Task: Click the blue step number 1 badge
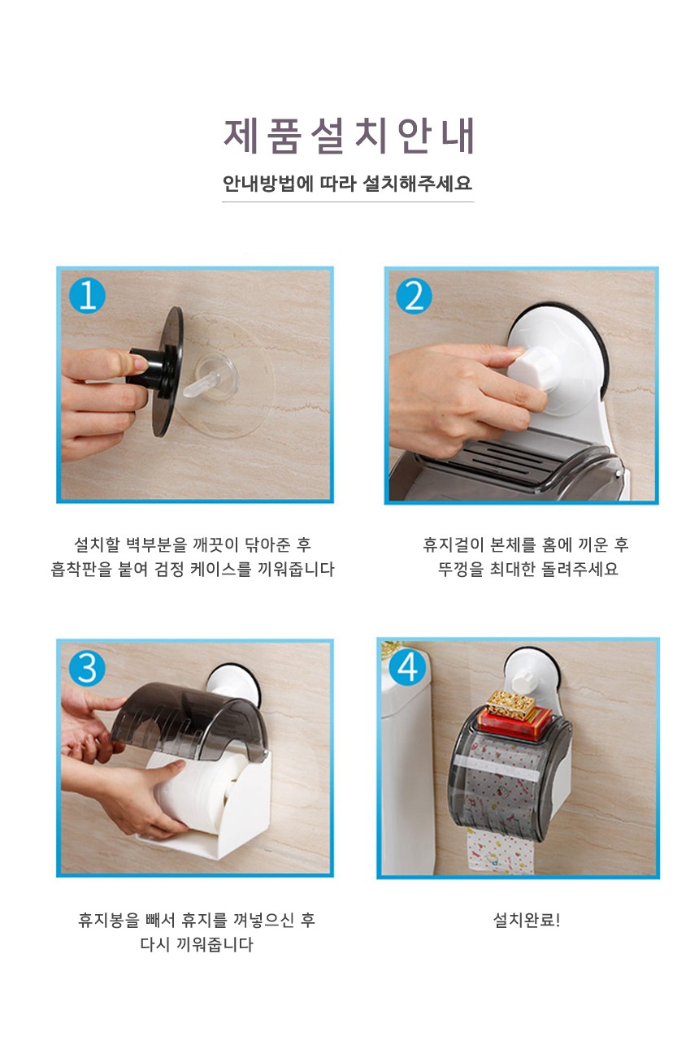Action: [87, 296]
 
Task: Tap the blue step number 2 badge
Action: [415, 296]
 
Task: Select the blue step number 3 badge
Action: [87, 668]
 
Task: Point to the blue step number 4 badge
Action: [407, 667]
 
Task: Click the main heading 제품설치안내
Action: [349, 136]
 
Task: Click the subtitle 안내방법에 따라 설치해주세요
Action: [348, 183]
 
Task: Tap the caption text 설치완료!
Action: [527, 921]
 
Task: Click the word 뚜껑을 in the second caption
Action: [461, 569]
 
